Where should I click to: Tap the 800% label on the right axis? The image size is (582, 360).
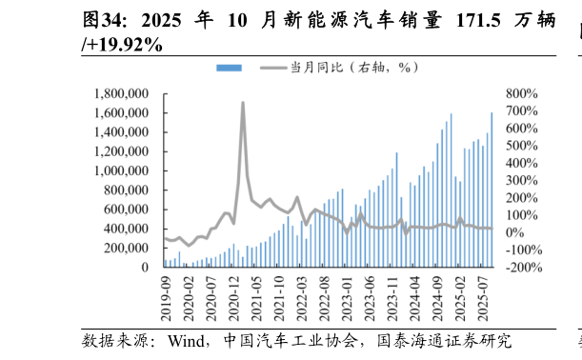523,93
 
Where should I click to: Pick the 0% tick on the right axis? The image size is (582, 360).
515,232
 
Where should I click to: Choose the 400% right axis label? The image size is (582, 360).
523,163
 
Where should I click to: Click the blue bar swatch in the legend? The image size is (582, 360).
229,68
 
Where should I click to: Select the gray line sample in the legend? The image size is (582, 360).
272,68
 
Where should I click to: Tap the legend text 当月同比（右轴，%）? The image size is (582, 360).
353,68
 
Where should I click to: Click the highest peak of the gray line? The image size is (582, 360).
243,103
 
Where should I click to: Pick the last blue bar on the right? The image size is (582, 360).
492,190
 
